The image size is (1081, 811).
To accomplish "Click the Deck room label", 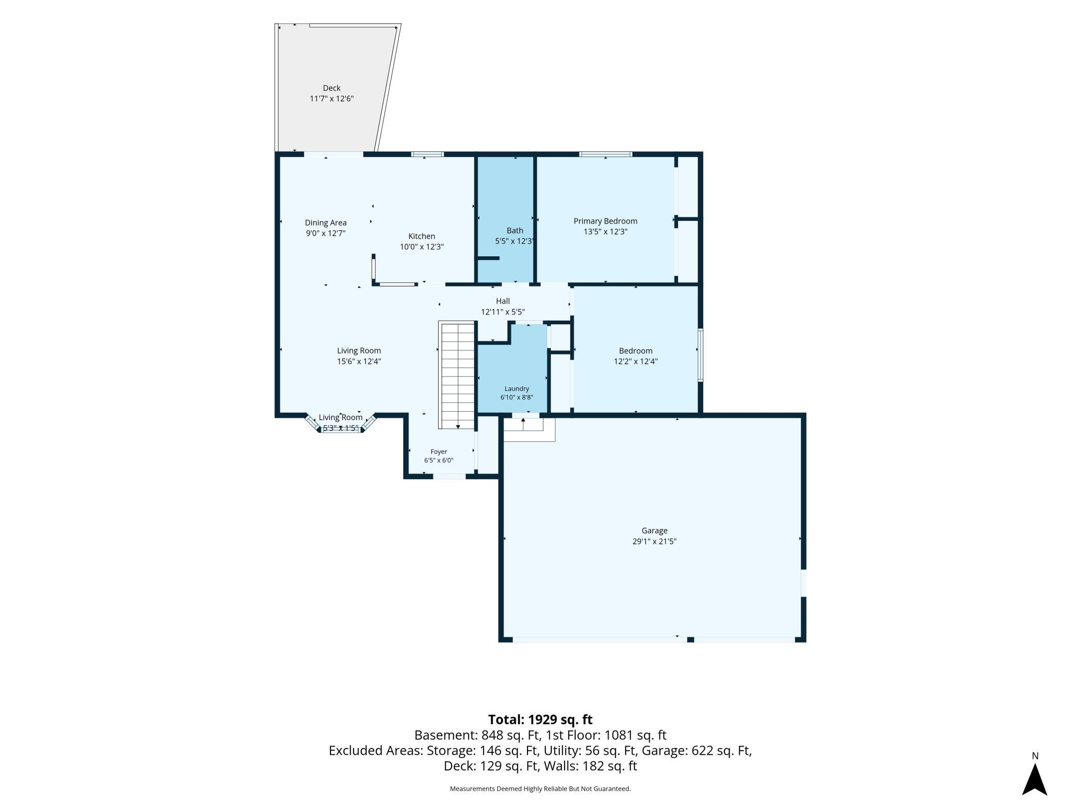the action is [332, 88].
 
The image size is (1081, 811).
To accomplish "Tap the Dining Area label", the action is [326, 223].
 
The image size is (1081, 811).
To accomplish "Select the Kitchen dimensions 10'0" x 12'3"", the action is [421, 247].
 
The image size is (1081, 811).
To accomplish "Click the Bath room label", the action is [515, 231].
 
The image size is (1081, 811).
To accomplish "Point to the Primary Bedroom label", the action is [605, 221].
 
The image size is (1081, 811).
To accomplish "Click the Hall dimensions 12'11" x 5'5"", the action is [503, 312].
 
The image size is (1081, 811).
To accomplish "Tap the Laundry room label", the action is [517, 389].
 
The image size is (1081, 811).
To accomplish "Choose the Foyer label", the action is [439, 452].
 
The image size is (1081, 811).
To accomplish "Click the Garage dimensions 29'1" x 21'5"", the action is [654, 541].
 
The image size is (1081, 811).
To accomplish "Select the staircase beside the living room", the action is [457, 375].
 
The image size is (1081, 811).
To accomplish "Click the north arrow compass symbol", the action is [1034, 778].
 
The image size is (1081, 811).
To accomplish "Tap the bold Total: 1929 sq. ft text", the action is [540, 720].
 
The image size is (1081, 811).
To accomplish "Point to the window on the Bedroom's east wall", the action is [701, 355].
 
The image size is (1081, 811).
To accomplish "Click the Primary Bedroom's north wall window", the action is [605, 154].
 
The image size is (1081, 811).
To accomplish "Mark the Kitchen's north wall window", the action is [427, 154].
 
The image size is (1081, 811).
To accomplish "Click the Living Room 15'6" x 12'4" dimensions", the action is [359, 361].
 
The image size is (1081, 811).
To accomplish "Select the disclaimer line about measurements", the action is [540, 789].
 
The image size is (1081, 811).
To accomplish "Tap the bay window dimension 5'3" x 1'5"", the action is [340, 428].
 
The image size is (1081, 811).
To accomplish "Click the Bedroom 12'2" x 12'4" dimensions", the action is [636, 361].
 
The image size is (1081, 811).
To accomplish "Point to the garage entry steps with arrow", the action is [523, 424].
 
